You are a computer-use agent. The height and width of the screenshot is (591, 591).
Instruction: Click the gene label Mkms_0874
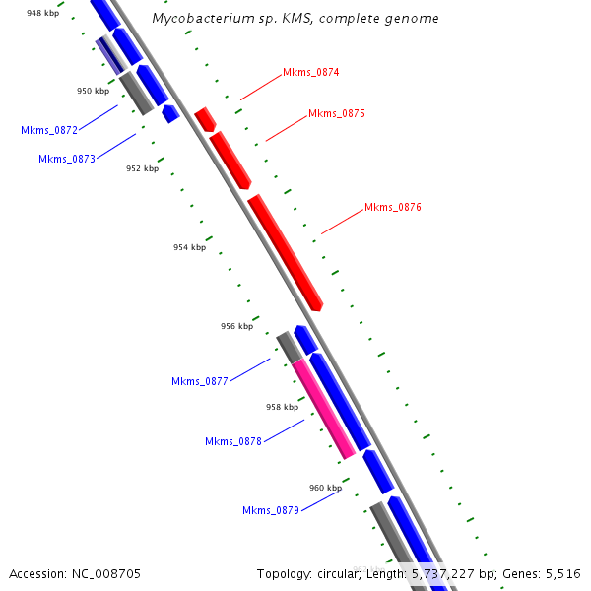coord(310,72)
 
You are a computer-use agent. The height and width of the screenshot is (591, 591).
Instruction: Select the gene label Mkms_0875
coord(336,113)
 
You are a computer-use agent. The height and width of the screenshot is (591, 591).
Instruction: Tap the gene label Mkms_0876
coord(392,207)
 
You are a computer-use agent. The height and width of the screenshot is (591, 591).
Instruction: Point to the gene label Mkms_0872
coord(49,130)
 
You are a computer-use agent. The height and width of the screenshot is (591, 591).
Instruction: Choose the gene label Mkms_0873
coord(67,159)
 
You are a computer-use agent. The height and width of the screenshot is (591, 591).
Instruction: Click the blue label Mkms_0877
coord(200,381)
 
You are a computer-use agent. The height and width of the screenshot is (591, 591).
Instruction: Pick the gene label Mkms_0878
coord(233,441)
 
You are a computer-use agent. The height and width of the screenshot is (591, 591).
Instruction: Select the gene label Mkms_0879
coord(271,510)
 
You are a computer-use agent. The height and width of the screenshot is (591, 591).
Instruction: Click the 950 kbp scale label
coord(93,91)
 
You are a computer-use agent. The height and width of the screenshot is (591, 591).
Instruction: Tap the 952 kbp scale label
coord(142,168)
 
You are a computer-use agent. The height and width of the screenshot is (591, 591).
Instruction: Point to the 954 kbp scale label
coord(189,247)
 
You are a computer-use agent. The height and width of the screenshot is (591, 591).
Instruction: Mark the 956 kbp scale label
coord(236,326)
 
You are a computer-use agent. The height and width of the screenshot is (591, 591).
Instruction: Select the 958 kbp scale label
coord(282,407)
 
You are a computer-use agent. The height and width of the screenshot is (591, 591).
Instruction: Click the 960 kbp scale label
coord(325,488)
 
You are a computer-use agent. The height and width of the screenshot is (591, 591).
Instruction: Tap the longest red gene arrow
coord(286,252)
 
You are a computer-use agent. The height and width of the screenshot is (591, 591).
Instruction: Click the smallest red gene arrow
coord(205,120)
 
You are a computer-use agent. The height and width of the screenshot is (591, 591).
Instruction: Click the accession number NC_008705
coord(108,573)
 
